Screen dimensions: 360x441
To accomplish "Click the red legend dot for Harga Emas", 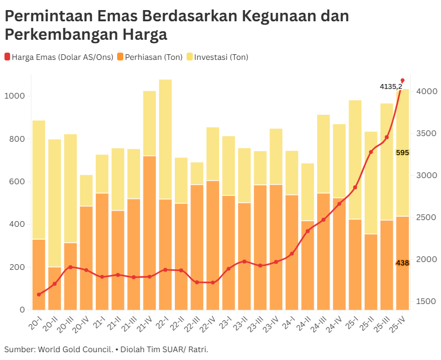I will coord(7,57).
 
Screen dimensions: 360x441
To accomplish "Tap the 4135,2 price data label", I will coord(391,86).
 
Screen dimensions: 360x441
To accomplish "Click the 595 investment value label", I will coord(402,153).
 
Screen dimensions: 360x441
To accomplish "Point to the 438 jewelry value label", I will coord(402,263).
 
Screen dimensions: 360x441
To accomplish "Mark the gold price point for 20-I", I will coord(39,294).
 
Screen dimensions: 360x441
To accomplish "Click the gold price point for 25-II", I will coord(371,152).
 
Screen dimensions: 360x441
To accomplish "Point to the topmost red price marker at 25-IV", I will coord(402,80).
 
